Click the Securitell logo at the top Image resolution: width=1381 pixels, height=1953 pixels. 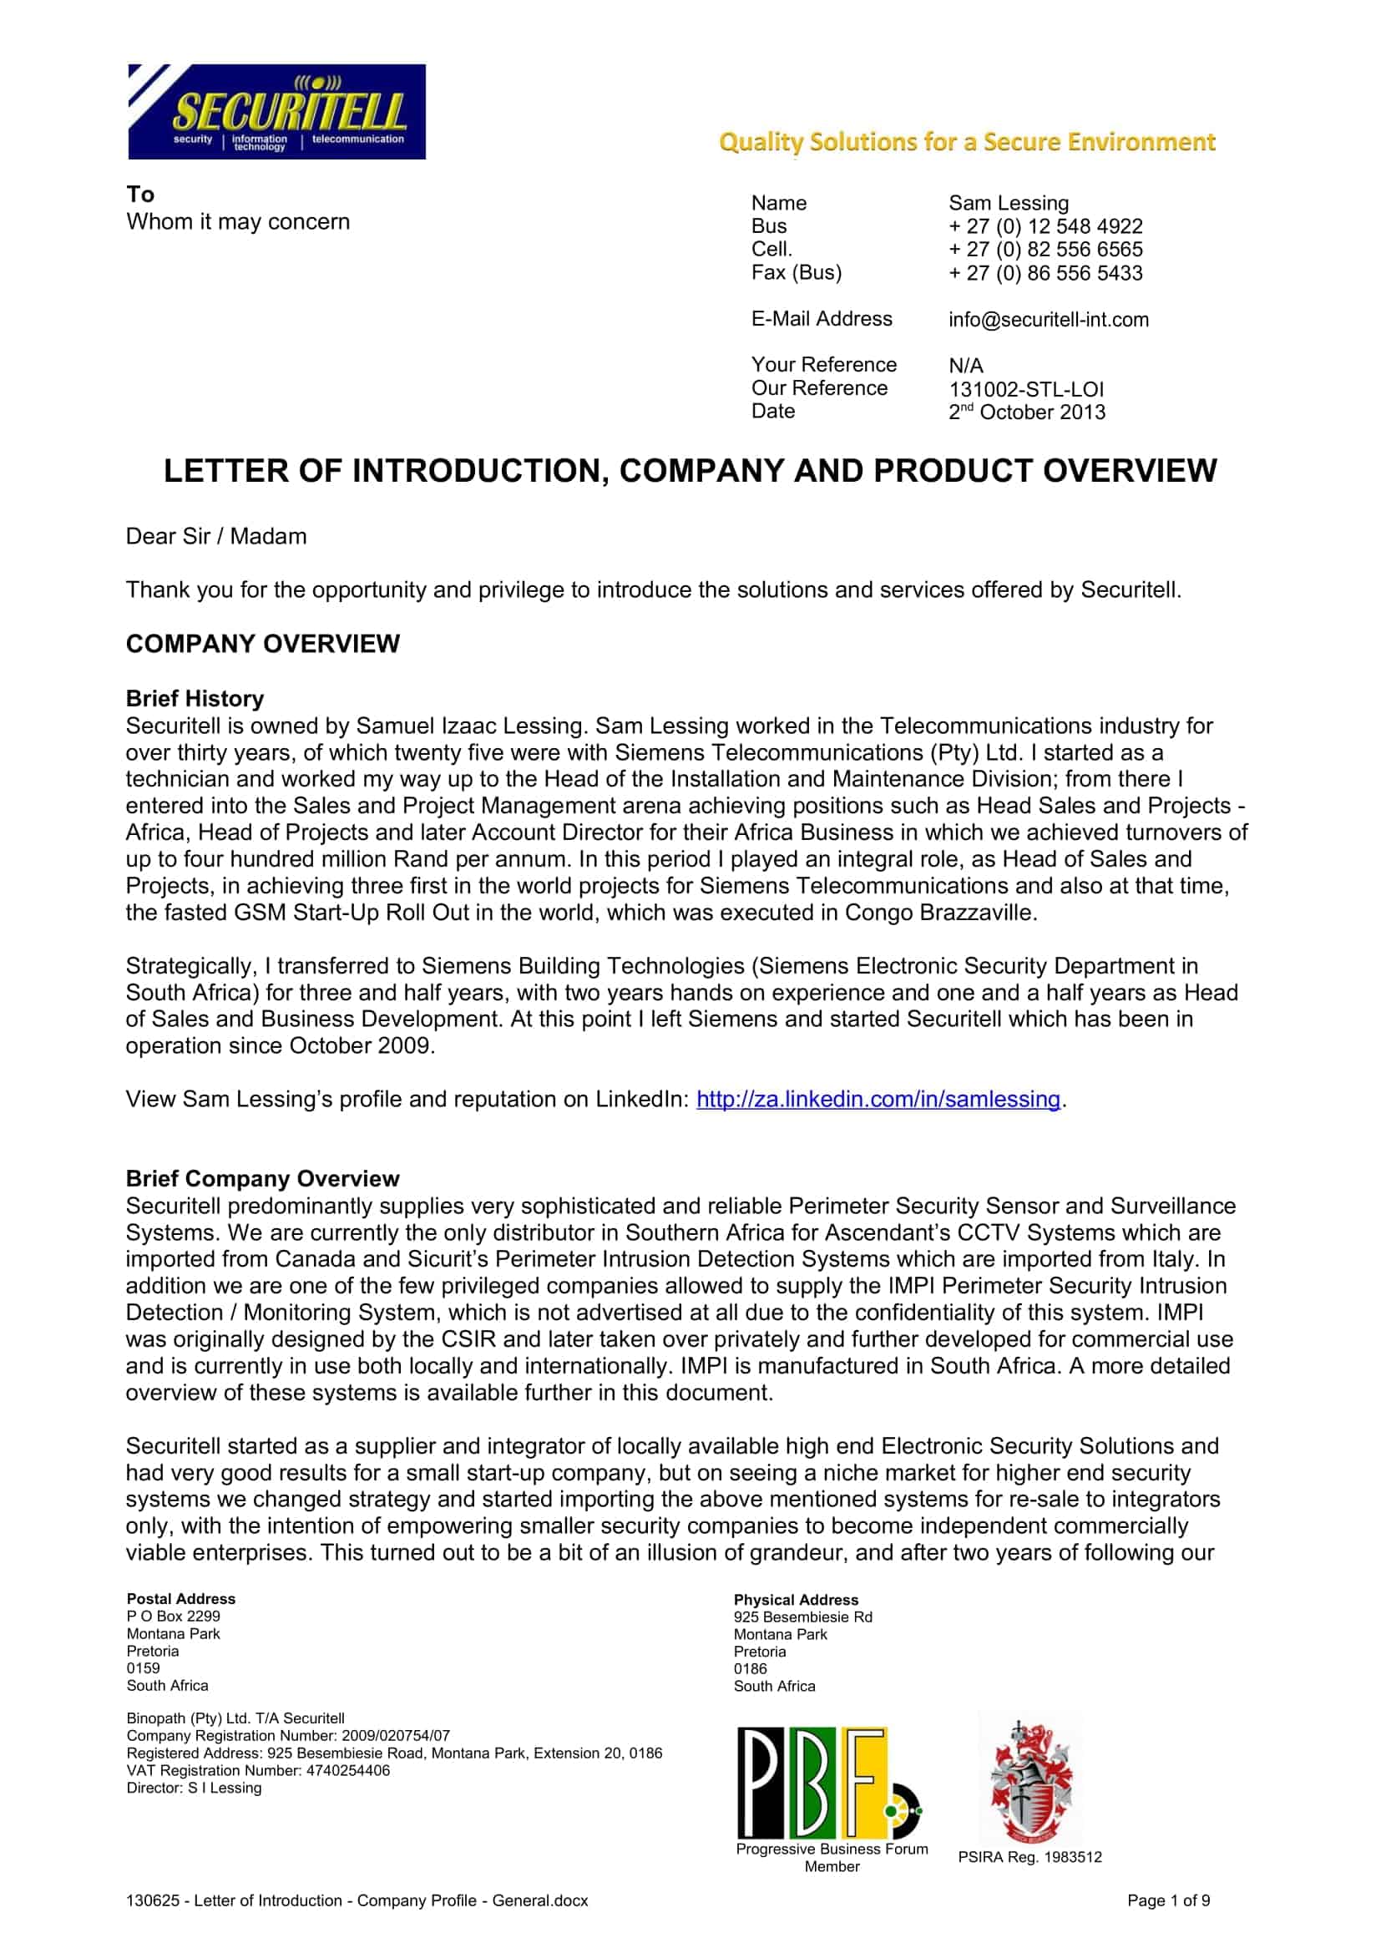point(276,111)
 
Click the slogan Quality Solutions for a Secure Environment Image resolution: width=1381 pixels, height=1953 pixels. point(967,142)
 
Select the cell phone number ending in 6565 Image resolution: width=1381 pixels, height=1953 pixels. point(1045,249)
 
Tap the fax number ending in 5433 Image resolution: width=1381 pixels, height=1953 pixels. point(1045,273)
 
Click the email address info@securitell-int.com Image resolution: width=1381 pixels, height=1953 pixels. point(1048,320)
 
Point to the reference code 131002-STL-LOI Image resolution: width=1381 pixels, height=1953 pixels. point(1025,390)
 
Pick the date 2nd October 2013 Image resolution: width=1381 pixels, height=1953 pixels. point(1026,412)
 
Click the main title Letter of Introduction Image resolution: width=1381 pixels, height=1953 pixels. point(690,471)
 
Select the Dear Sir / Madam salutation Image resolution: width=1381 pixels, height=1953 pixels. point(216,537)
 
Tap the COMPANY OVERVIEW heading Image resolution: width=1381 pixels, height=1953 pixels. point(263,644)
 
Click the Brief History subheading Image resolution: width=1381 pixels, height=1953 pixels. point(195,698)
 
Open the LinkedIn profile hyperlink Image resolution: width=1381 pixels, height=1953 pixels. point(878,1099)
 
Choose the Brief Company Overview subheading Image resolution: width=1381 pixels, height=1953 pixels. point(262,1178)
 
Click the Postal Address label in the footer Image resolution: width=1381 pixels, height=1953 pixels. point(180,1599)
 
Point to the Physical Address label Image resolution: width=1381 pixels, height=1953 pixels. point(796,1600)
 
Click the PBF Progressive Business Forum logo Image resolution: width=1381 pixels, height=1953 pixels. point(829,1782)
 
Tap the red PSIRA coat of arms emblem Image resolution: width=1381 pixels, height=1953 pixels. point(1030,1781)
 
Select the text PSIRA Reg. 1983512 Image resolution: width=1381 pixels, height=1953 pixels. point(1029,1858)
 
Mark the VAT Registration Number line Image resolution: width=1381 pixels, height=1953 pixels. point(258,1771)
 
